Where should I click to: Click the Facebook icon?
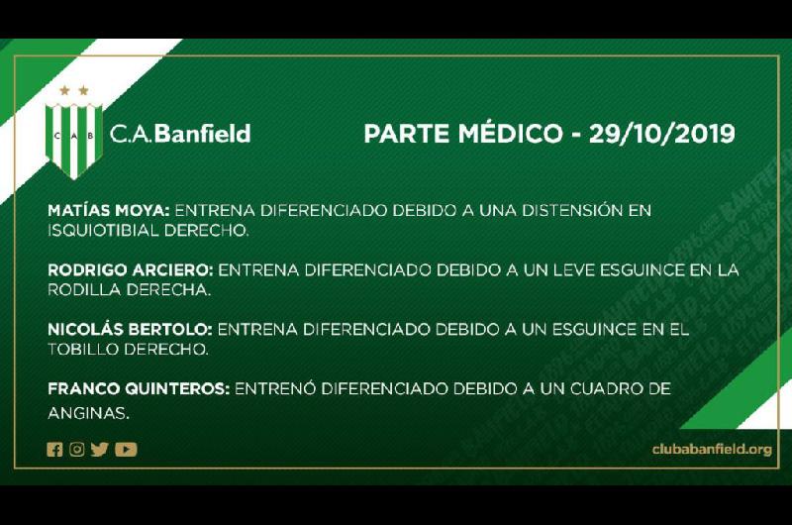54,449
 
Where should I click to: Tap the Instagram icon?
77,449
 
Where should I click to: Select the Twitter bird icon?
100,449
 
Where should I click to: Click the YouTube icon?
126,449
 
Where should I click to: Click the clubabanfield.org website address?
712,449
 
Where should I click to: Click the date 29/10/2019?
661,134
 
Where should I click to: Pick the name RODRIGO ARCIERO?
131,269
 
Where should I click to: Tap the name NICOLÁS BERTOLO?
130,330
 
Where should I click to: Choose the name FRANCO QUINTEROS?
139,389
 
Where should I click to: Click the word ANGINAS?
88,413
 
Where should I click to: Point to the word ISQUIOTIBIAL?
104,231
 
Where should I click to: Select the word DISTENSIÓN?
572,210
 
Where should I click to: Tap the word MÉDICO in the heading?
510,134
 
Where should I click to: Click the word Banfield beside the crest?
202,134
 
